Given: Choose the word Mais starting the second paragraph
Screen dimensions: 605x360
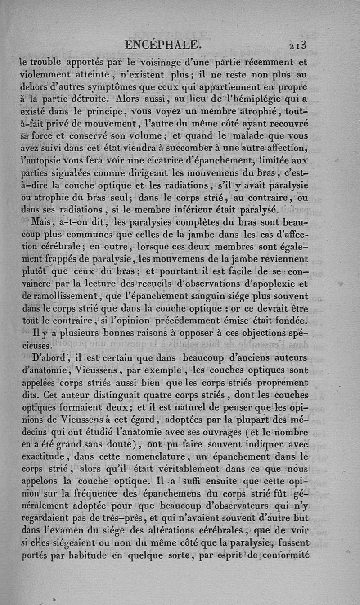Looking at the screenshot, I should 43,222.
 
